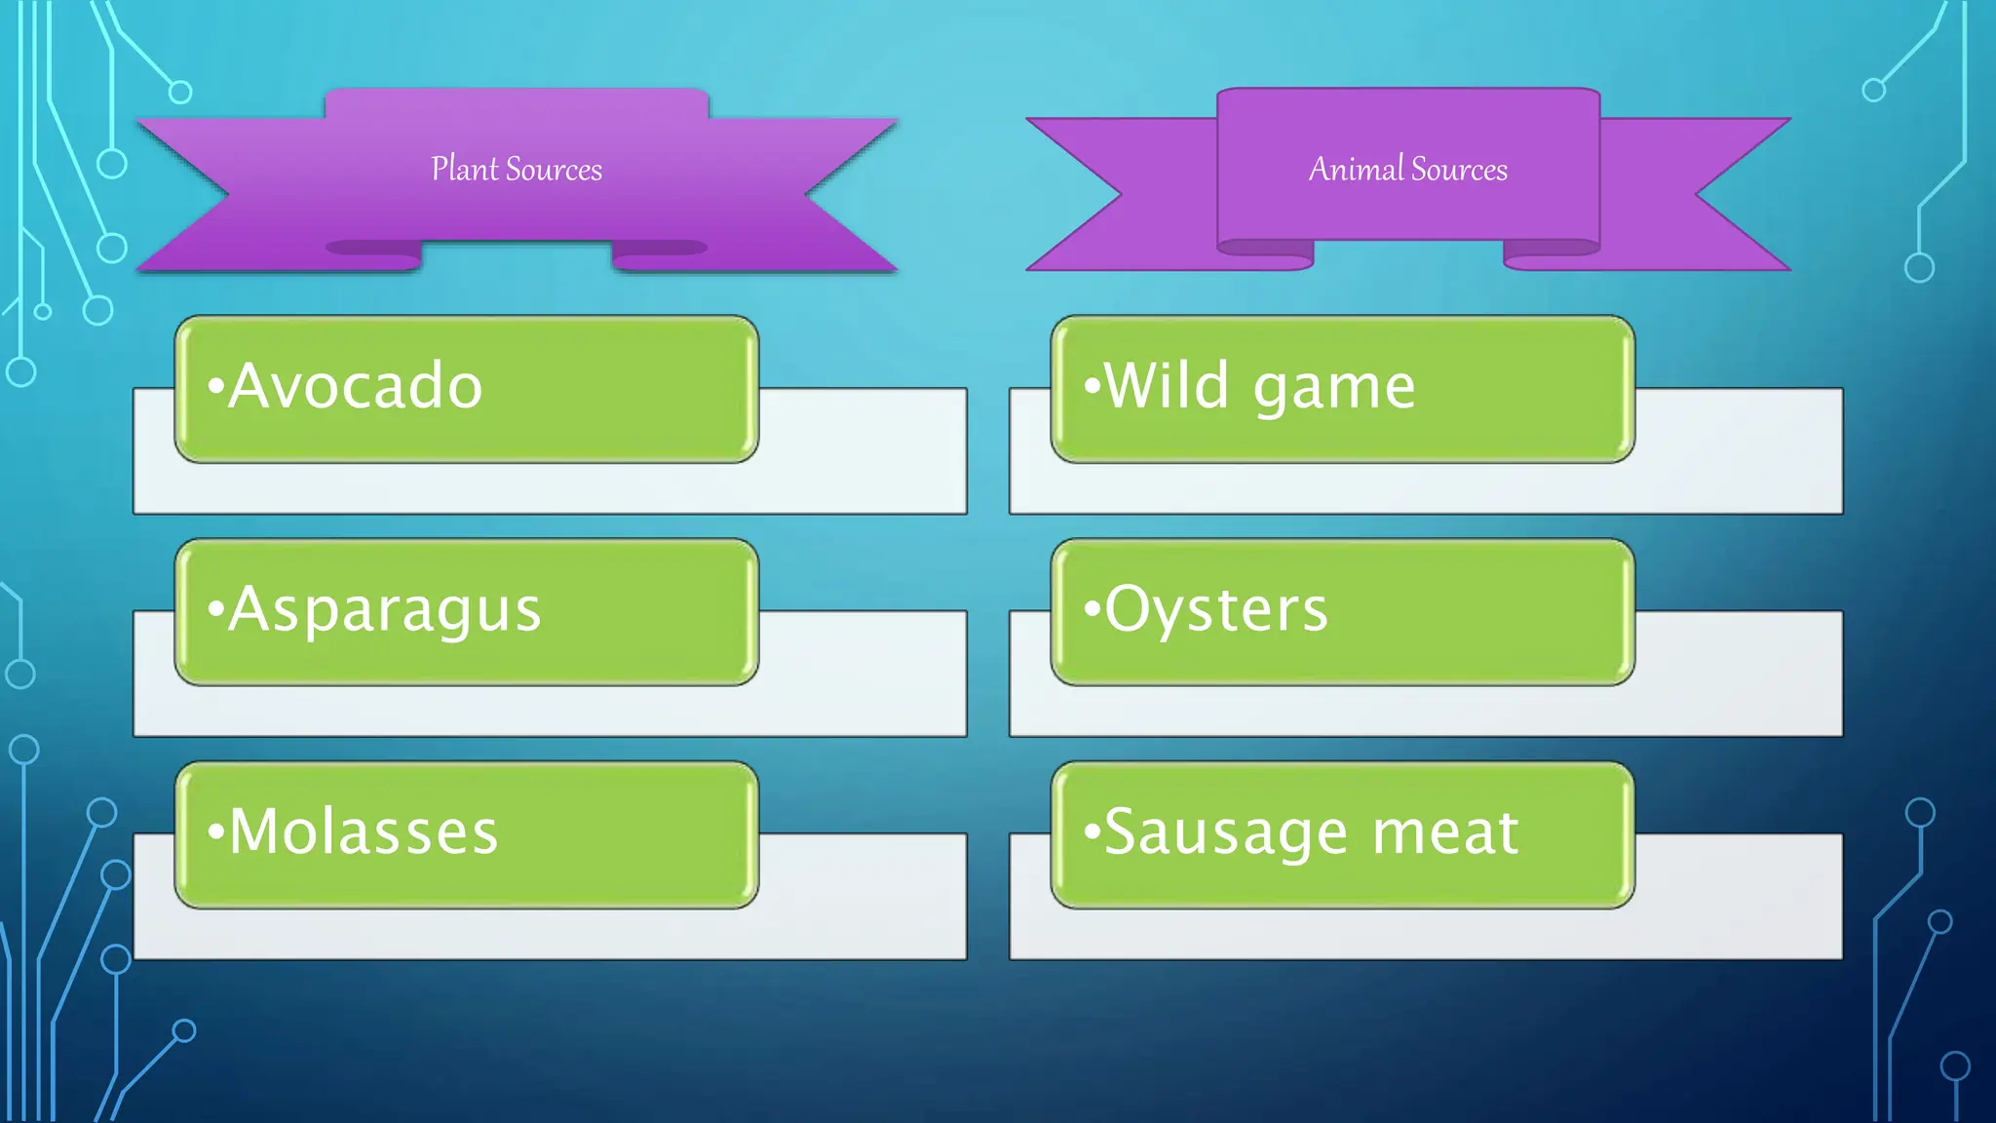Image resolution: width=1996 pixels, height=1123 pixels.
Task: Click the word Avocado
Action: point(356,385)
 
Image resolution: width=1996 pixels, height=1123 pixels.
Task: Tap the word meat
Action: point(1445,833)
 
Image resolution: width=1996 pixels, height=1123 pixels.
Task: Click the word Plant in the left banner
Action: point(465,169)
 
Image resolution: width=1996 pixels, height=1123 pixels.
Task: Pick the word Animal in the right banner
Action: point(1356,169)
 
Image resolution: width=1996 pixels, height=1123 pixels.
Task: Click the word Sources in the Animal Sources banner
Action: point(1459,170)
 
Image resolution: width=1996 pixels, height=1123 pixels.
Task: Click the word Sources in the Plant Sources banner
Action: point(554,170)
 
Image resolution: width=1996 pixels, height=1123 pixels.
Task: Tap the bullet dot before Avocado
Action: point(215,387)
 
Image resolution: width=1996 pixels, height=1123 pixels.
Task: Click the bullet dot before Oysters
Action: point(1092,609)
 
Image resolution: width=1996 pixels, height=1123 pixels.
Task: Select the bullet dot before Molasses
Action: point(215,833)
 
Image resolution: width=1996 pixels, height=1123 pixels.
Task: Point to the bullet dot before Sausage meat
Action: point(1092,833)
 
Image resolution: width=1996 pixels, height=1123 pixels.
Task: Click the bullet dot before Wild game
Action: point(1092,387)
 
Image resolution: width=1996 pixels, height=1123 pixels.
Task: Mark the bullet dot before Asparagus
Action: point(215,609)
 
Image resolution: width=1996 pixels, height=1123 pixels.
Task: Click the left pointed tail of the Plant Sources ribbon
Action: point(138,120)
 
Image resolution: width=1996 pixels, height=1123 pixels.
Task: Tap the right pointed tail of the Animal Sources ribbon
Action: point(1789,120)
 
